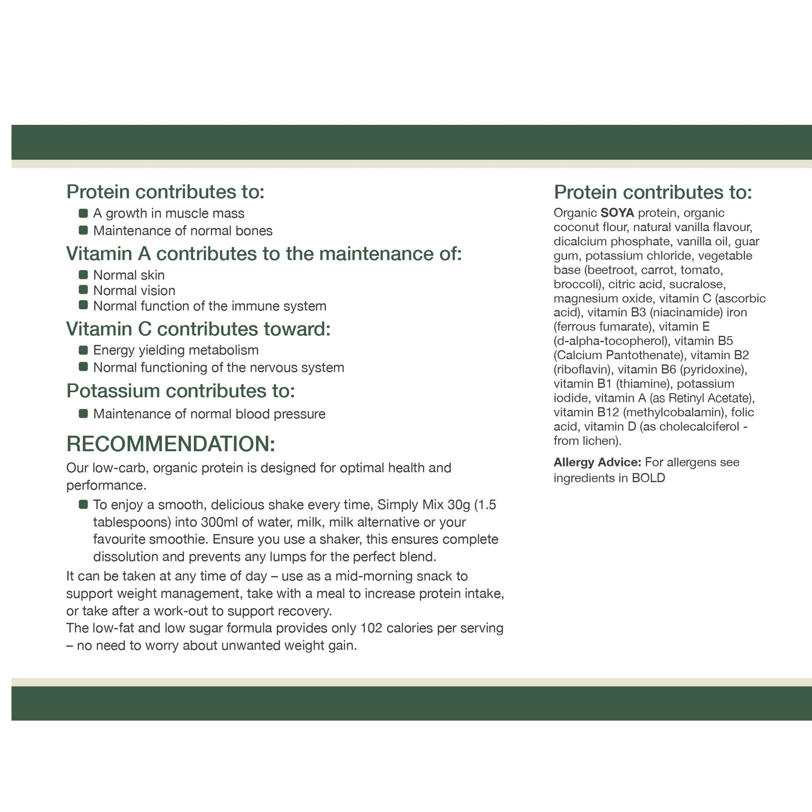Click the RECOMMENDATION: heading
click(171, 444)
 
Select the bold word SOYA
click(617, 213)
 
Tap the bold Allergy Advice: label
click(597, 462)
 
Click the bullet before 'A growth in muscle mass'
click(83, 213)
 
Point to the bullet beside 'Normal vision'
click(83, 290)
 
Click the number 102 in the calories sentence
click(371, 628)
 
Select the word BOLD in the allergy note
click(648, 478)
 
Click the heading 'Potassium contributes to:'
click(181, 391)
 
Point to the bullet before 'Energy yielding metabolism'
click(83, 350)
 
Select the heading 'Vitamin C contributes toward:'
click(198, 329)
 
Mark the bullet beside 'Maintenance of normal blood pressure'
click(83, 414)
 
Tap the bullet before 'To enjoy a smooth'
click(83, 504)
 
